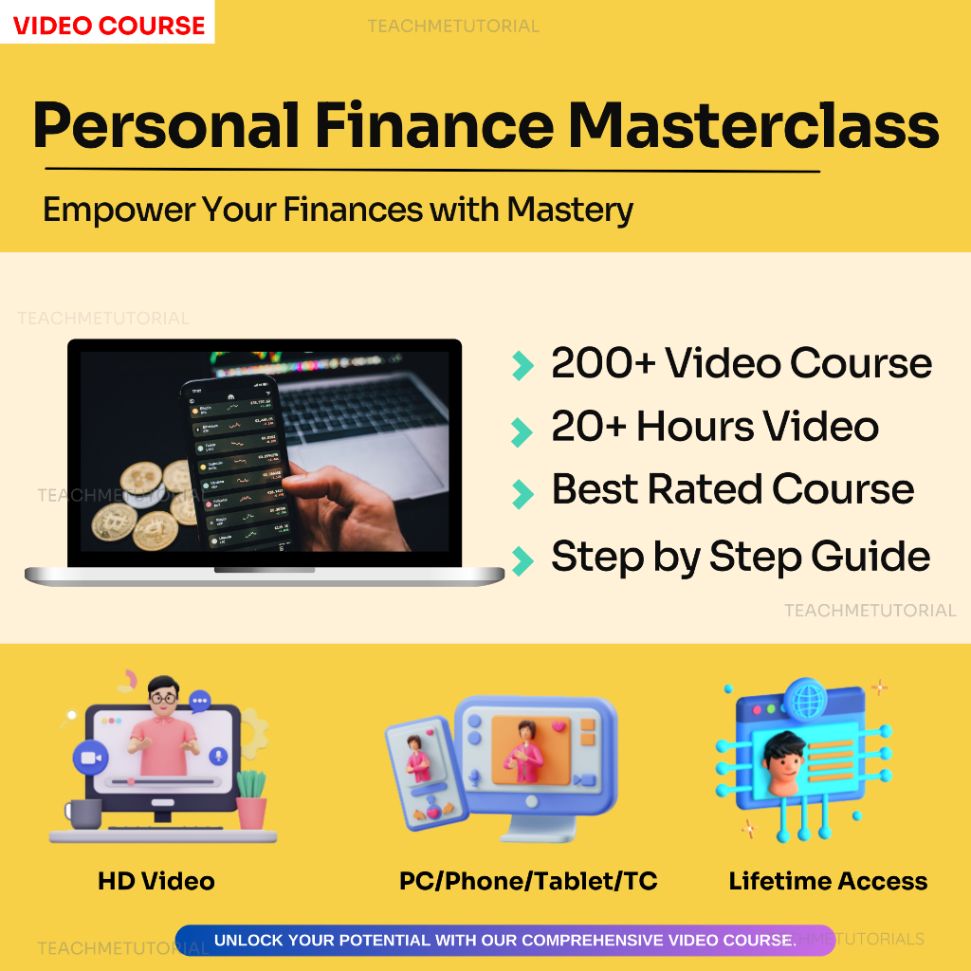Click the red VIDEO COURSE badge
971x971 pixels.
tap(109, 25)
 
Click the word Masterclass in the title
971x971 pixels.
tap(755, 124)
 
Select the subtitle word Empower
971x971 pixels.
tap(112, 209)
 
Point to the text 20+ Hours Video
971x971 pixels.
tap(714, 427)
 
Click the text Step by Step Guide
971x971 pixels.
tap(740, 557)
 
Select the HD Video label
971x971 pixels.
tap(156, 881)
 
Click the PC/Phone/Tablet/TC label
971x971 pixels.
tap(528, 881)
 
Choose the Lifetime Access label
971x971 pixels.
tap(828, 881)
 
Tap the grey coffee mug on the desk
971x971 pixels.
tap(83, 813)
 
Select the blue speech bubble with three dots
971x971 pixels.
tap(200, 702)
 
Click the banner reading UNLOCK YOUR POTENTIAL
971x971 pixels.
tap(504, 941)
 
